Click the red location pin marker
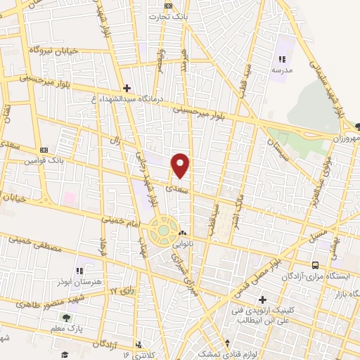coord(181,166)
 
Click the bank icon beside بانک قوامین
coord(44,150)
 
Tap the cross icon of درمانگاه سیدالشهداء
coord(126,88)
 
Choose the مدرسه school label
coord(283,70)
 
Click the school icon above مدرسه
coord(283,59)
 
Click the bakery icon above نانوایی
coord(183,233)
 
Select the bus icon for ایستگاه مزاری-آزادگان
coord(315,265)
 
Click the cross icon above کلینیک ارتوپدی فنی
coord(262,299)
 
